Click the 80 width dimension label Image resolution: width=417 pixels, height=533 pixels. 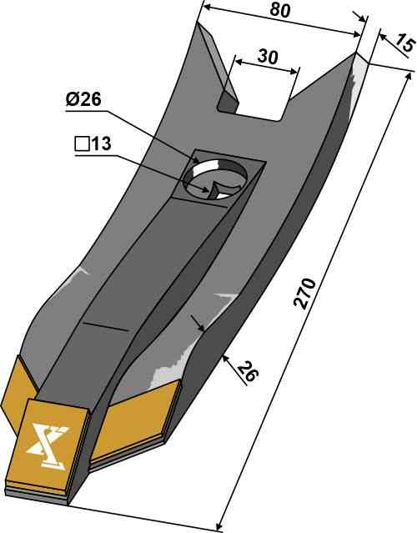pyautogui.click(x=280, y=10)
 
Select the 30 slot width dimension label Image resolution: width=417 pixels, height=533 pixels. pyautogui.click(x=268, y=57)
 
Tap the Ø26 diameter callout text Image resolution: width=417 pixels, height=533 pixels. pyautogui.click(x=83, y=100)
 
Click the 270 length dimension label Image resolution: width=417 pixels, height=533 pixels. pyautogui.click(x=304, y=294)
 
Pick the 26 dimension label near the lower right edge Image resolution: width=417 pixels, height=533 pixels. pyautogui.click(x=248, y=371)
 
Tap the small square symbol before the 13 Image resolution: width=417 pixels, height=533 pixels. pyautogui.click(x=82, y=145)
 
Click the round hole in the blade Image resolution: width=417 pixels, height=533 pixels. pyautogui.click(x=215, y=178)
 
